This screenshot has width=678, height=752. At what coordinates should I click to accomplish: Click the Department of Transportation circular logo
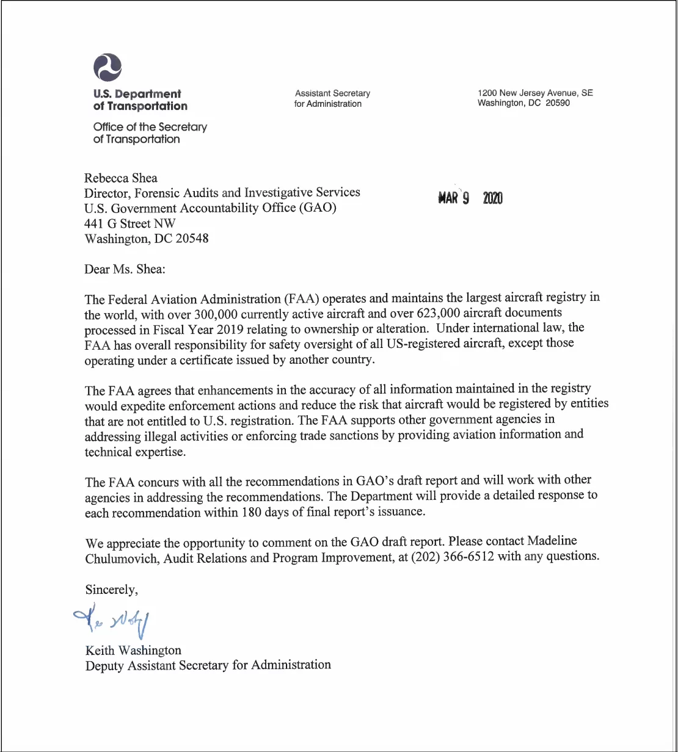coord(108,67)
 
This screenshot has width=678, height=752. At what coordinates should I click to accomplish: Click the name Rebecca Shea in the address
coord(121,178)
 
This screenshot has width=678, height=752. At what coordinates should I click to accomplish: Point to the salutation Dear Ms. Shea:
coord(121,269)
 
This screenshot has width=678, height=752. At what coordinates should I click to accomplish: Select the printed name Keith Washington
coord(133,650)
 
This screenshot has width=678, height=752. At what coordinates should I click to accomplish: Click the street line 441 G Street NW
coord(130,223)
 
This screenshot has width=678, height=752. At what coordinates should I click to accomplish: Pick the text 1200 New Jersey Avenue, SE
coord(535,93)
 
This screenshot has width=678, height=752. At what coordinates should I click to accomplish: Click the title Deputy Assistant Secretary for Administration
coord(208,665)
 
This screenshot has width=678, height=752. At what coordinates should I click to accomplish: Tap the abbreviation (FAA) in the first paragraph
coord(302,298)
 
